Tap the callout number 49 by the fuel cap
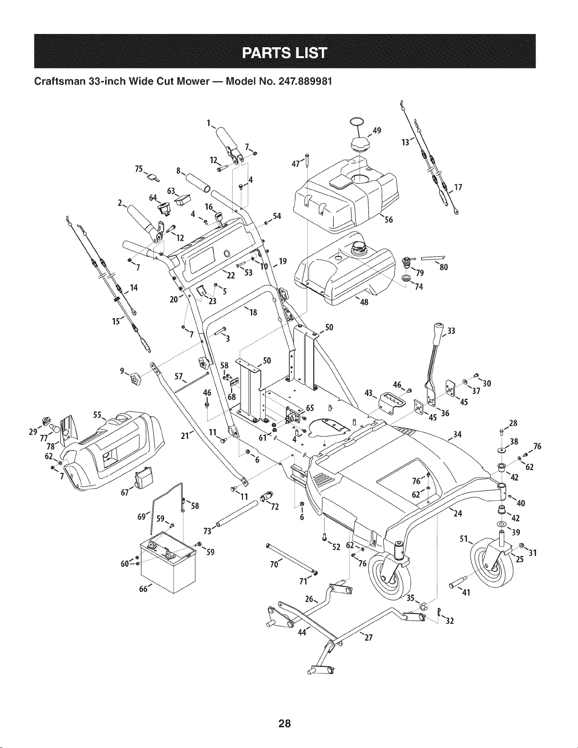point(377,130)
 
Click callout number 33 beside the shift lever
point(451,331)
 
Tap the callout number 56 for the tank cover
point(388,219)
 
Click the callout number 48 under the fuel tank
point(364,302)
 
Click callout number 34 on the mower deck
point(457,435)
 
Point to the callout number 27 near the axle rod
point(369,638)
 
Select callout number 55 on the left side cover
point(97,415)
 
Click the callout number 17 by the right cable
point(458,187)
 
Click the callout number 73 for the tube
point(208,531)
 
